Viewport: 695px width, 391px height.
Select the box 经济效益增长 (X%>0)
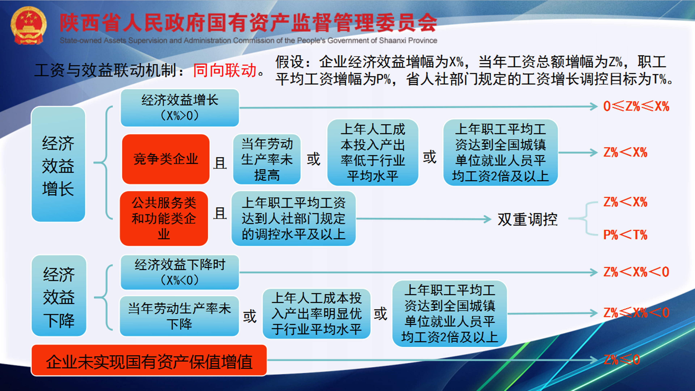click(x=180, y=108)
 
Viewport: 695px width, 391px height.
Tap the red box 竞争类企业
click(x=166, y=159)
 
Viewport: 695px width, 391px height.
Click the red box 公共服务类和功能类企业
click(x=164, y=218)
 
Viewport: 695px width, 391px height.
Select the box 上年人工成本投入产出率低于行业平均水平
click(x=373, y=152)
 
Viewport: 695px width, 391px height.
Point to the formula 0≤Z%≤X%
click(x=636, y=106)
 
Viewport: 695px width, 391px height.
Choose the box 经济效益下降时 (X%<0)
click(x=180, y=272)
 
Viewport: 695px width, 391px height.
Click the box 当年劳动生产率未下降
click(x=179, y=316)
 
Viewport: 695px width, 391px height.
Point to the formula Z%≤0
click(x=622, y=360)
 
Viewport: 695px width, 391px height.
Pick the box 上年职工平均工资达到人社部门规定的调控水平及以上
click(x=294, y=218)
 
